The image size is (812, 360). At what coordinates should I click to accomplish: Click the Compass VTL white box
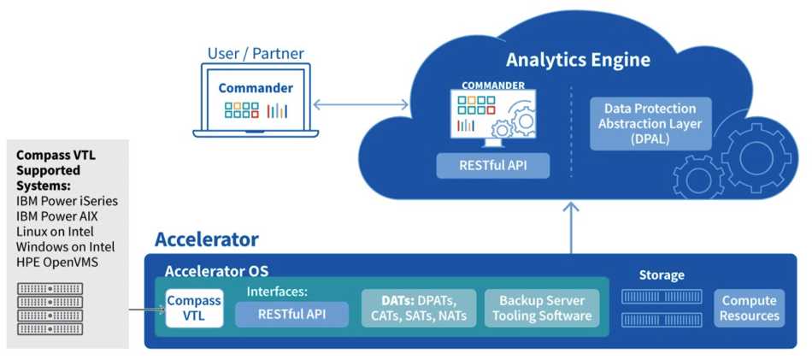[194, 308]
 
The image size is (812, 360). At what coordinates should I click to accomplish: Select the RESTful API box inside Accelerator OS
[291, 315]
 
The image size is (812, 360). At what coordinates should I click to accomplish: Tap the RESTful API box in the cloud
[492, 166]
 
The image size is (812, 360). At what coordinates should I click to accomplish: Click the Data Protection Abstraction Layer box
[650, 124]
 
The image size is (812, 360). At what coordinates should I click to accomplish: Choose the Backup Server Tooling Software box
[542, 308]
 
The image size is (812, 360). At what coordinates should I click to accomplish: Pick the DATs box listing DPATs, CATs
[419, 308]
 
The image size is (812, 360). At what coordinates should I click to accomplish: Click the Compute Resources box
[749, 308]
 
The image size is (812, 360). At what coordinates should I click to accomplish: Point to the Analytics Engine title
[578, 60]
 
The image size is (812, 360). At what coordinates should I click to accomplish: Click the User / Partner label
[256, 53]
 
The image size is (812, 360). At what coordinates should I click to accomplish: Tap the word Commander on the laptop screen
[256, 88]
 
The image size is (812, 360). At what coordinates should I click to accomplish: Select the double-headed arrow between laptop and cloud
[361, 104]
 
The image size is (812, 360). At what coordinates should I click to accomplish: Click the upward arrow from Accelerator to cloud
[571, 228]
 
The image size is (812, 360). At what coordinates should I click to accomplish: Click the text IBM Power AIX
[57, 216]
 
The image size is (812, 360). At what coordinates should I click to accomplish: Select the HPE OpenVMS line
[57, 263]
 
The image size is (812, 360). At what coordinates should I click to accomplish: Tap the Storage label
[662, 274]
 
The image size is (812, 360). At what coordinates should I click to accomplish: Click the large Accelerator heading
[207, 239]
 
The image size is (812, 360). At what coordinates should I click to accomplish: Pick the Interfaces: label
[277, 292]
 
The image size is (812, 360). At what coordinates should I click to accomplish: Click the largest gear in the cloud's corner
[756, 157]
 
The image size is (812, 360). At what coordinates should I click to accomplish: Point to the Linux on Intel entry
[55, 232]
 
